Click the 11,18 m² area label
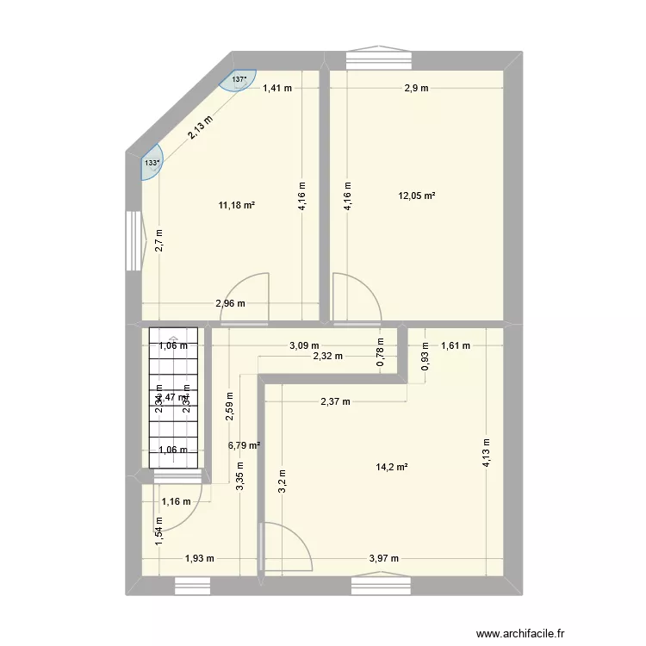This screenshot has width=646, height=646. click(237, 205)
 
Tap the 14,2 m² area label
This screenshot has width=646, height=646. click(391, 467)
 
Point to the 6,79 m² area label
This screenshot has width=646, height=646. click(245, 445)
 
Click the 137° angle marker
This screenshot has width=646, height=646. click(240, 80)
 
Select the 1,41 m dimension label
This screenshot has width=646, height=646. click(277, 87)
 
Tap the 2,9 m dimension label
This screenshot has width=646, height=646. click(417, 87)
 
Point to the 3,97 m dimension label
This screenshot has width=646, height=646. click(383, 558)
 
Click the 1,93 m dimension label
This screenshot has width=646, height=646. click(199, 558)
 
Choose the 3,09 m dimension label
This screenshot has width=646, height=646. click(303, 346)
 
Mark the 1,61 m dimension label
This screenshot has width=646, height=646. click(456, 346)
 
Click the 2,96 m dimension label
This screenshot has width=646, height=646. click(230, 302)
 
